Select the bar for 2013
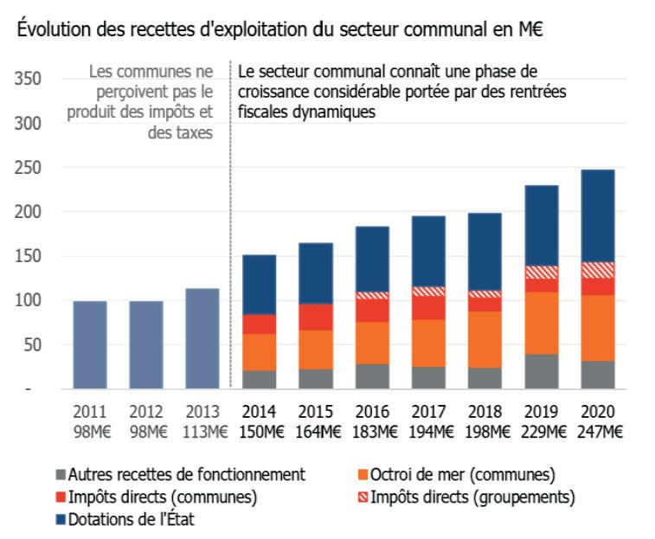tap(202, 338)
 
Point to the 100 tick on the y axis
tap(30, 301)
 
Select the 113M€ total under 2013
tap(202, 430)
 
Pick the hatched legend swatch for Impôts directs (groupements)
tap(362, 497)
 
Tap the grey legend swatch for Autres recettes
tap(59, 474)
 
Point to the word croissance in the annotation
tap(274, 92)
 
